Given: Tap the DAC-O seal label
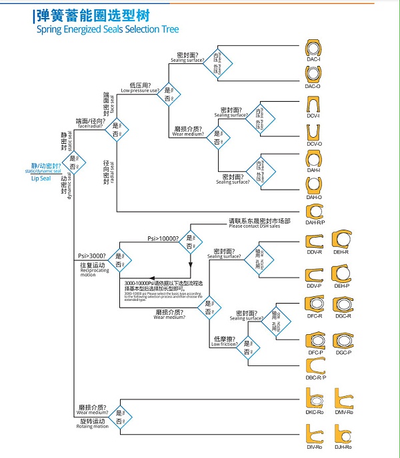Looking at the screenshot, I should tap(313, 87).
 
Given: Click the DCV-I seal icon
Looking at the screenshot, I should tap(313, 105).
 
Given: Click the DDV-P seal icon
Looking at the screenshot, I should tap(313, 274).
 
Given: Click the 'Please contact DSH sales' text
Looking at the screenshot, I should tap(259, 226).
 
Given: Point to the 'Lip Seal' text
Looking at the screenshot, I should tap(41, 178).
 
